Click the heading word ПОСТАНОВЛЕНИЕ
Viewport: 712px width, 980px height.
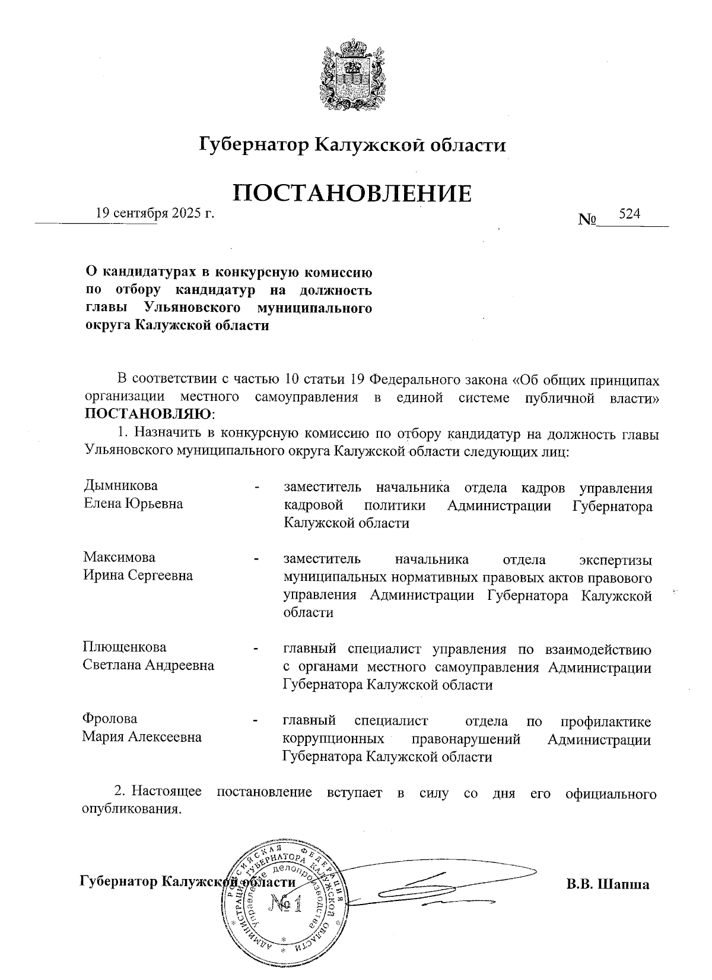[353, 192]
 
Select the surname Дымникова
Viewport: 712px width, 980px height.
[120, 485]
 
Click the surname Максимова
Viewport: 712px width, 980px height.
[119, 557]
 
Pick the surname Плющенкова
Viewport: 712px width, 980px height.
[125, 647]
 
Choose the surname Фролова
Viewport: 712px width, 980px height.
[110, 719]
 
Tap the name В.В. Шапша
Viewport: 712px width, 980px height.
[608, 883]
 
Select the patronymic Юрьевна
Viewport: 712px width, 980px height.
[154, 504]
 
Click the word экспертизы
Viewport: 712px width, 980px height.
[615, 559]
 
